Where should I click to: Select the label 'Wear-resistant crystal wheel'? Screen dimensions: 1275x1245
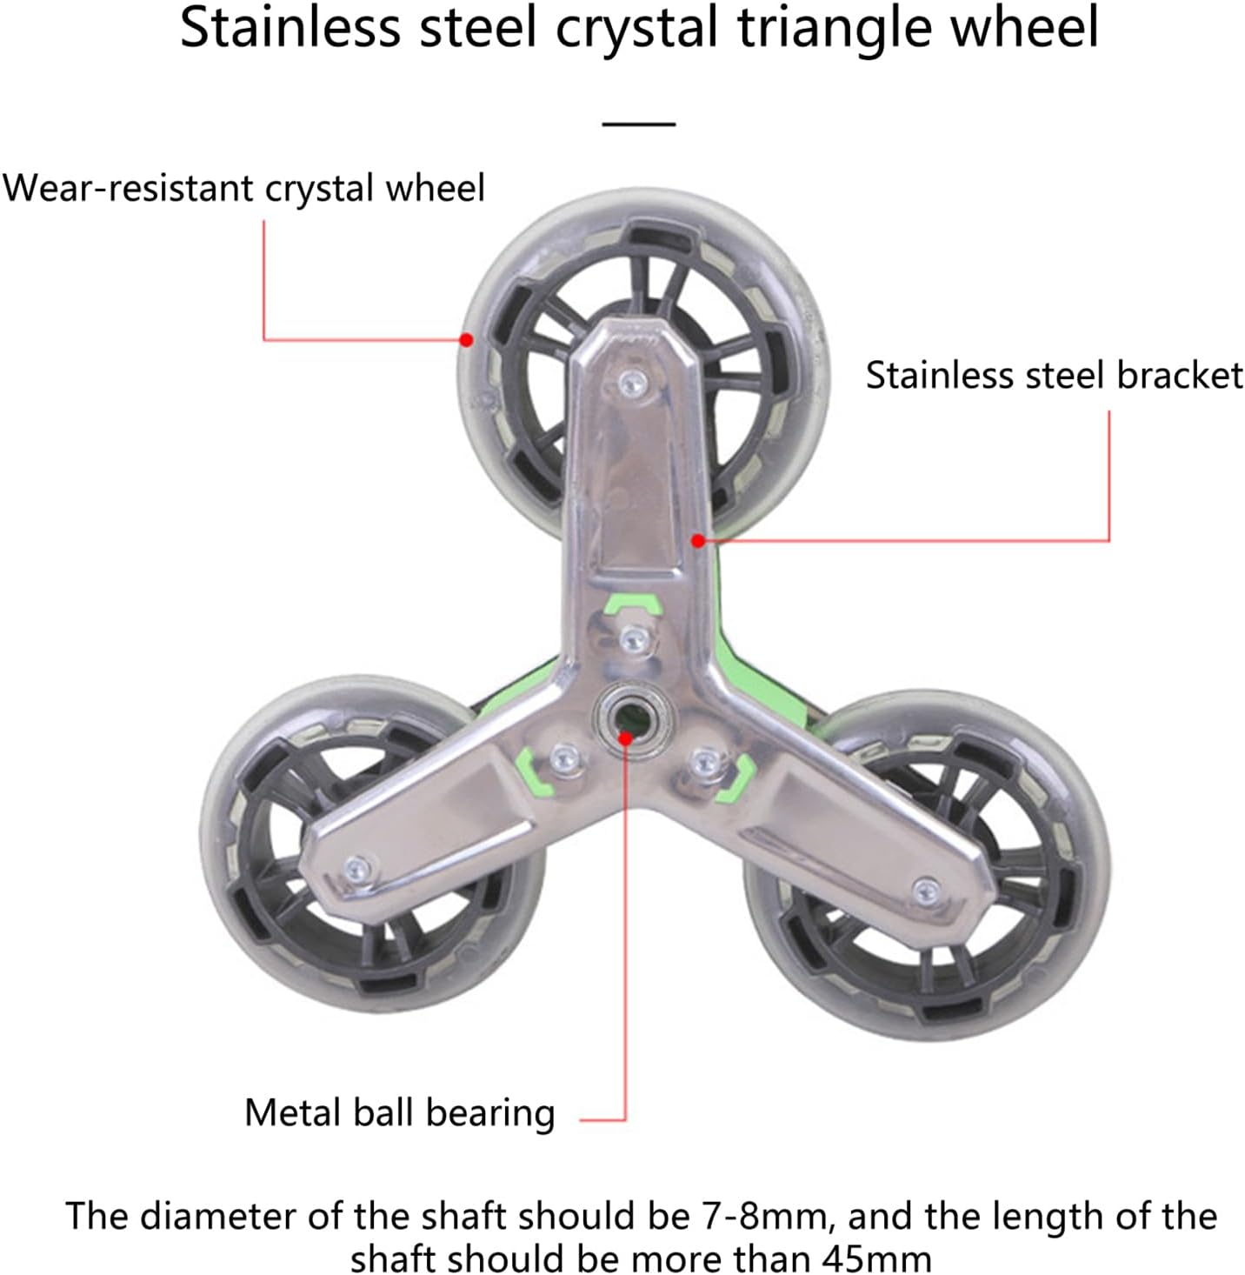click(x=243, y=188)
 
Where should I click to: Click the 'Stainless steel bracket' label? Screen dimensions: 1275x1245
click(x=1054, y=376)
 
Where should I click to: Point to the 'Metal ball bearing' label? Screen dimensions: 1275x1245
click(x=400, y=1112)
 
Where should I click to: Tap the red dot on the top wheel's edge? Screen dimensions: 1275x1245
click(x=467, y=340)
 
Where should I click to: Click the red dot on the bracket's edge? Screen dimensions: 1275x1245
click(x=697, y=541)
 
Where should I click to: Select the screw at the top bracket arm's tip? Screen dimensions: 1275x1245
click(x=634, y=380)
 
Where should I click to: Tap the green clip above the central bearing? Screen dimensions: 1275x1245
click(x=633, y=603)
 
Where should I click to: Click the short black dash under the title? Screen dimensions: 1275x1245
click(x=639, y=124)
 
